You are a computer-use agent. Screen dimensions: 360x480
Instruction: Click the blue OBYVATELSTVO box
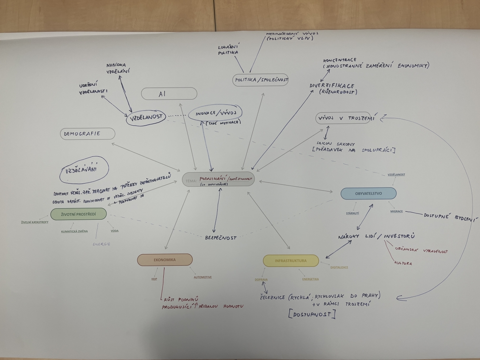pyautogui.click(x=368, y=193)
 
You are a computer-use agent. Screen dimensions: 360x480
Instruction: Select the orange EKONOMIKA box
pyautogui.click(x=165, y=259)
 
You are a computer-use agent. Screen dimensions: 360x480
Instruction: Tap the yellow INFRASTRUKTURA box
pyautogui.click(x=291, y=261)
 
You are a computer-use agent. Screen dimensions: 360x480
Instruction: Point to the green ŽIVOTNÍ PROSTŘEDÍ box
pyautogui.click(x=78, y=214)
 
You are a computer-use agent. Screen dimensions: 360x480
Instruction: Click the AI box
pyautogui.click(x=169, y=94)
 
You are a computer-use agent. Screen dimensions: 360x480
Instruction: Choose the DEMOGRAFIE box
pyautogui.click(x=87, y=134)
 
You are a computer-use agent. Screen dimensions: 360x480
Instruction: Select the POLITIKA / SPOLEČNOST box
pyautogui.click(x=260, y=80)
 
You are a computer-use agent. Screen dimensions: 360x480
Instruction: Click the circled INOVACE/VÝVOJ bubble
pyautogui.click(x=215, y=113)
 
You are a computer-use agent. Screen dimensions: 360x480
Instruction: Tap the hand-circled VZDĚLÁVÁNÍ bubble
pyautogui.click(x=84, y=170)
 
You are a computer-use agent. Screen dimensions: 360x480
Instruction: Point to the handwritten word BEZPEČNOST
pyautogui.click(x=220, y=237)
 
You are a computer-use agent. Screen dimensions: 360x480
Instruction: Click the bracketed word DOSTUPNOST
pyautogui.click(x=312, y=314)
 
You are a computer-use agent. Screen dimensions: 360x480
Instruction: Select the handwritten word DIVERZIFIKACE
pyautogui.click(x=332, y=86)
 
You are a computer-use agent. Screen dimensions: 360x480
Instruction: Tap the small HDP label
pyautogui.click(x=154, y=279)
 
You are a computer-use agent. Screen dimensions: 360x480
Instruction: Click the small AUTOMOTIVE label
pyautogui.click(x=202, y=277)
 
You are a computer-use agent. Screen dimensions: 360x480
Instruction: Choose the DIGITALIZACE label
pyautogui.click(x=339, y=267)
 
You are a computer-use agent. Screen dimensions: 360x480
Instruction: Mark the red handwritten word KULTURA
pyautogui.click(x=403, y=263)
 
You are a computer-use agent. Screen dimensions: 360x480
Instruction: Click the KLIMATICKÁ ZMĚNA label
pyautogui.click(x=74, y=231)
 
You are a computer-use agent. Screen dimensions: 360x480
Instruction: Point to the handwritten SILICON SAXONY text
pyautogui.click(x=336, y=144)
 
